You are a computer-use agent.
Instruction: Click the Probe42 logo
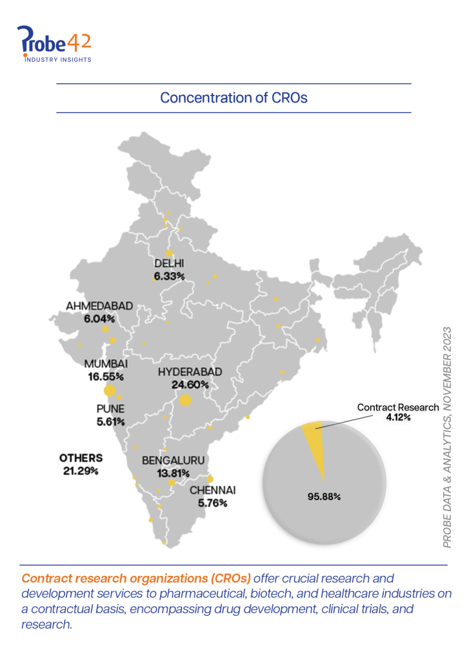point(55,44)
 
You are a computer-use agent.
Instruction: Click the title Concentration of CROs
point(234,98)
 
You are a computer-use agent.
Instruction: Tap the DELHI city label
point(170,263)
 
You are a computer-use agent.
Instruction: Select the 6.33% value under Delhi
point(170,276)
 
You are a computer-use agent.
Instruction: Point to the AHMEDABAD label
point(99,305)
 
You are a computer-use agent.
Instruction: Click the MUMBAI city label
point(106,364)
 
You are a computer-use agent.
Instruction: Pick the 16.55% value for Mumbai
point(106,376)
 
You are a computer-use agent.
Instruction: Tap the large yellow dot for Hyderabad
point(186,400)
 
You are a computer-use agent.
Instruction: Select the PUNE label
point(110,409)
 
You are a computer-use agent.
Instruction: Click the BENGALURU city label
point(173,460)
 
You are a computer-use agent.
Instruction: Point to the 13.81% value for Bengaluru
point(173,473)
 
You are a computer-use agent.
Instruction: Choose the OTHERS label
point(81,458)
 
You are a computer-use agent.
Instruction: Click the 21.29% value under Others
point(81,471)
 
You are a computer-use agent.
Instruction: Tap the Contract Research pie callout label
point(398,407)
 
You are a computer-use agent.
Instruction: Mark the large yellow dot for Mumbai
point(110,390)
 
